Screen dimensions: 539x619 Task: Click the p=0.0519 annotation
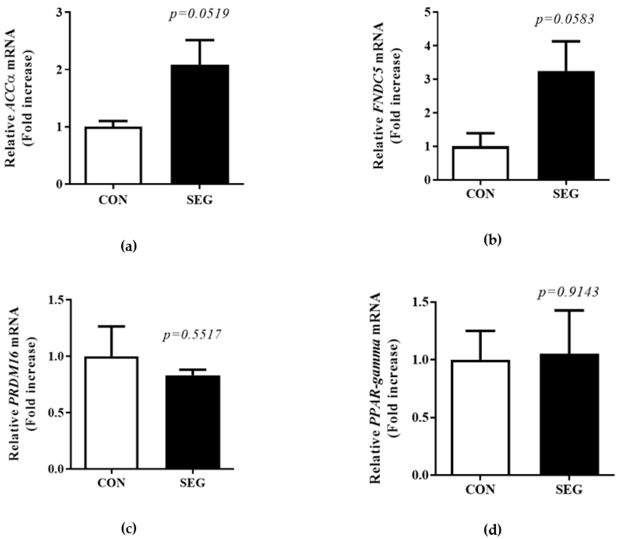199,14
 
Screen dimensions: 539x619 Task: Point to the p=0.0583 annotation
565,20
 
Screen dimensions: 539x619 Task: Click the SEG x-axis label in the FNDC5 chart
566,194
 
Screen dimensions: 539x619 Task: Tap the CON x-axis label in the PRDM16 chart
111,483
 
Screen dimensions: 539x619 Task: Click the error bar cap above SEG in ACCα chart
200,40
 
